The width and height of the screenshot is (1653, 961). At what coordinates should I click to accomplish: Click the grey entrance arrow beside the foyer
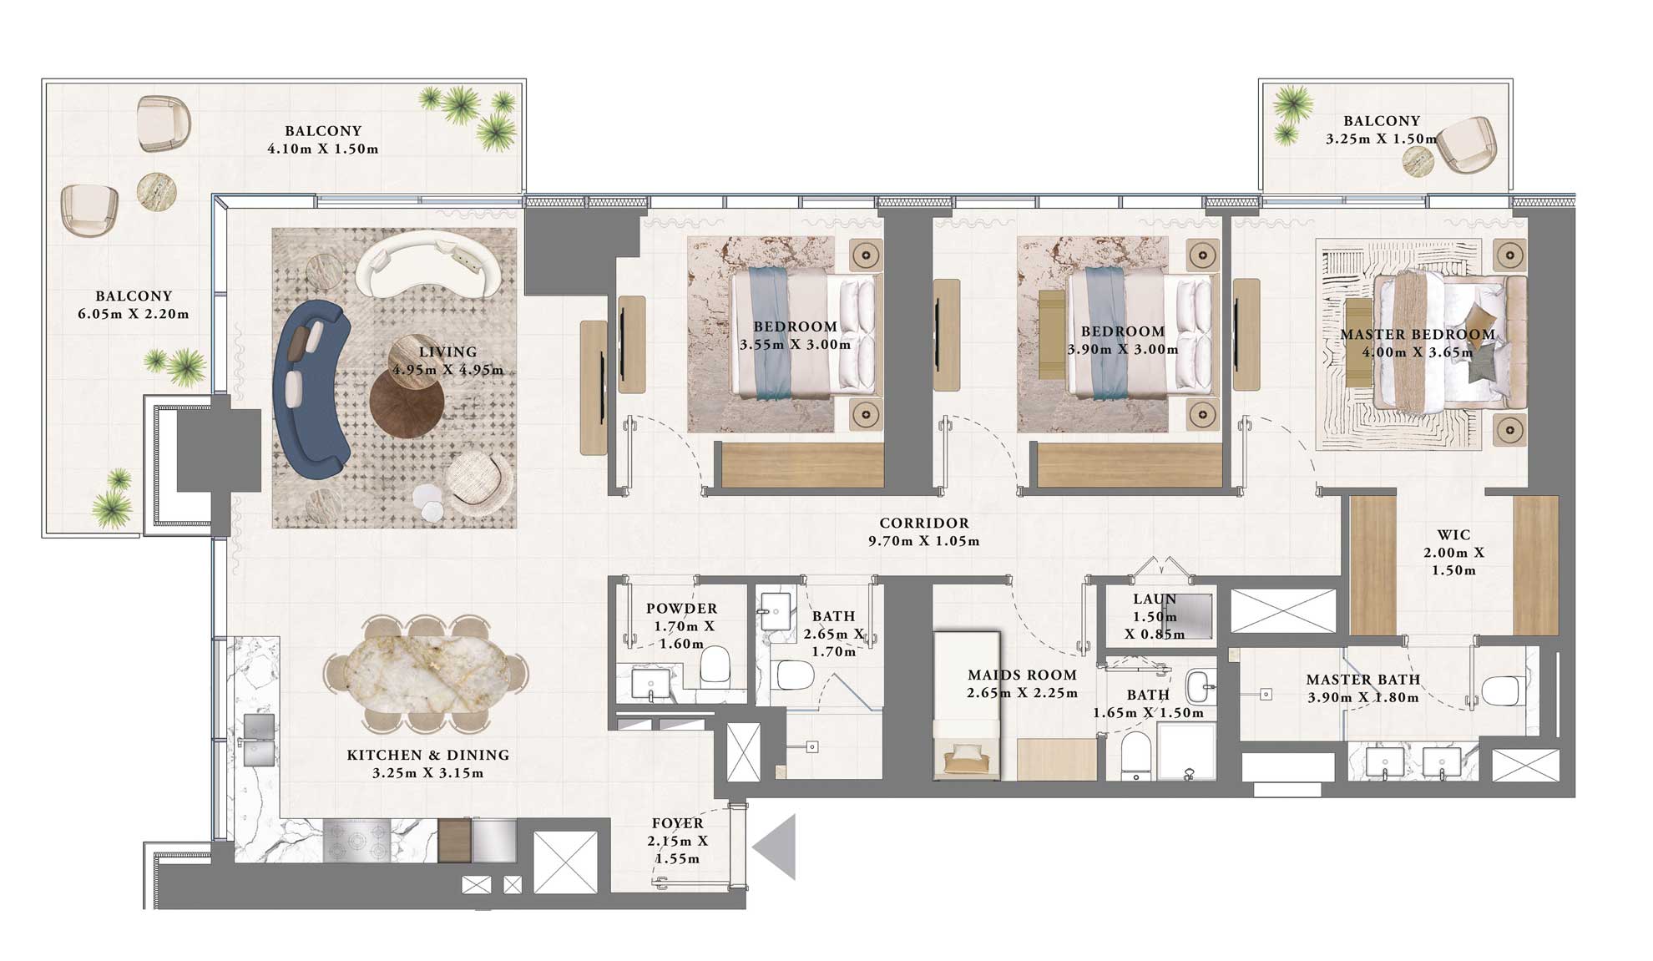pyautogui.click(x=777, y=847)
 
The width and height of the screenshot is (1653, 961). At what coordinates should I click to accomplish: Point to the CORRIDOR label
pyautogui.click(x=924, y=523)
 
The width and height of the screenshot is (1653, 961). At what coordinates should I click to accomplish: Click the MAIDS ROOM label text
pyautogui.click(x=1022, y=675)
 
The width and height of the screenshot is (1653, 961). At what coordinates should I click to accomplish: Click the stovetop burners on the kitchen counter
pyautogui.click(x=357, y=841)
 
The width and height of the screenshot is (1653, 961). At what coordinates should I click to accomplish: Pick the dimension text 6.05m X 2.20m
pyautogui.click(x=134, y=315)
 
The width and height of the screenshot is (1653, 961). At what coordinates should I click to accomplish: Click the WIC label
pyautogui.click(x=1453, y=534)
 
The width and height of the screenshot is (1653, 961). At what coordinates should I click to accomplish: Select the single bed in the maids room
pyautogui.click(x=967, y=706)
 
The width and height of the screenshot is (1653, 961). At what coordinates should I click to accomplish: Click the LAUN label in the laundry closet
pyautogui.click(x=1155, y=599)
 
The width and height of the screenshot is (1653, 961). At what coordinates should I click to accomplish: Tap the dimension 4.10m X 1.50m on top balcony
pyautogui.click(x=323, y=149)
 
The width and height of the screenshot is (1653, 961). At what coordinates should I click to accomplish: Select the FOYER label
pyautogui.click(x=677, y=823)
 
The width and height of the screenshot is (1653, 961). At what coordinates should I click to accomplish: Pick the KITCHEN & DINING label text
pyautogui.click(x=427, y=755)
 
